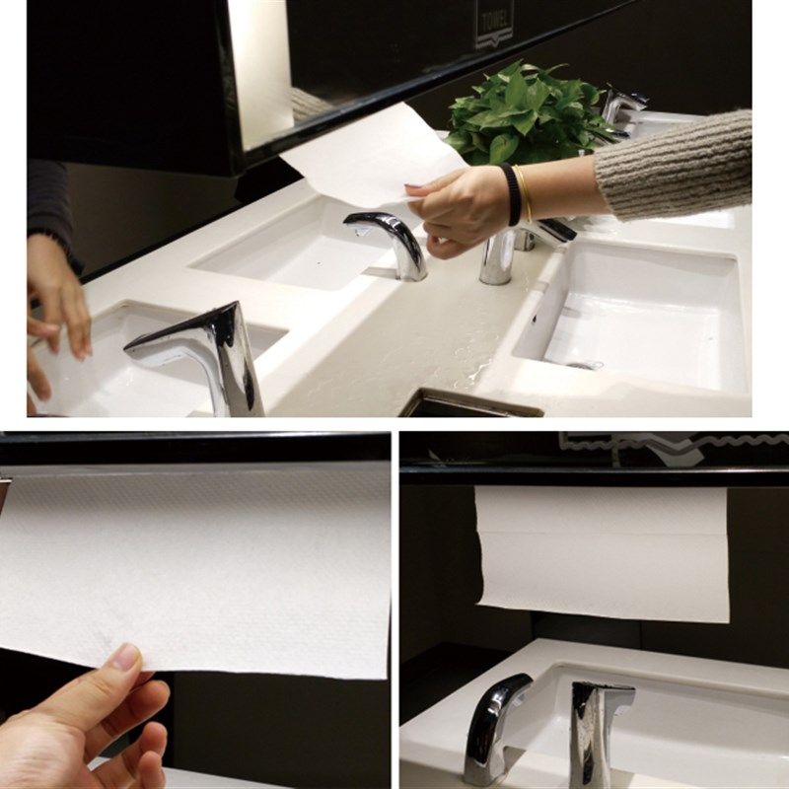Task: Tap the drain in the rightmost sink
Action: click(x=584, y=365)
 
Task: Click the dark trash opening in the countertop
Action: click(x=464, y=404)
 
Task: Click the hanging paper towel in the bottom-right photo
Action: click(x=602, y=552)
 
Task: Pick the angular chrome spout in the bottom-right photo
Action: click(x=597, y=730)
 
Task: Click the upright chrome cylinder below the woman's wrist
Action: click(x=496, y=258)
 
